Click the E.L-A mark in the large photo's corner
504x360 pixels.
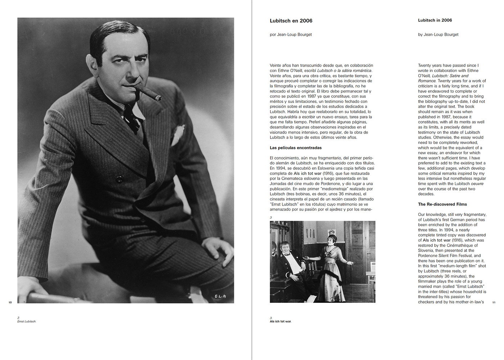220,296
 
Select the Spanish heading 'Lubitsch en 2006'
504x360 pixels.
291,21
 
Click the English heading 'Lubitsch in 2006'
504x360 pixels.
435,20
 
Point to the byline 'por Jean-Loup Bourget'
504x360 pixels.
291,35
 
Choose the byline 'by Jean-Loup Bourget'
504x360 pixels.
438,35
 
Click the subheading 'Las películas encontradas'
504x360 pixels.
296,148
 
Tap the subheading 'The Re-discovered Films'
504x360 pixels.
442,204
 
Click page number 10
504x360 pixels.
10,302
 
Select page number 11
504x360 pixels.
494,302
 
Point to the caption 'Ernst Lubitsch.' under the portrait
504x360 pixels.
27,321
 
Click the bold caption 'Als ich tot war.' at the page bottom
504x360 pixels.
280,321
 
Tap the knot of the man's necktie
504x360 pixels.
130,112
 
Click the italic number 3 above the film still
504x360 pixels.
271,217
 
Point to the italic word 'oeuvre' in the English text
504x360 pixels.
477,184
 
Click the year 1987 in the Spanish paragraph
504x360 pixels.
311,96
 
